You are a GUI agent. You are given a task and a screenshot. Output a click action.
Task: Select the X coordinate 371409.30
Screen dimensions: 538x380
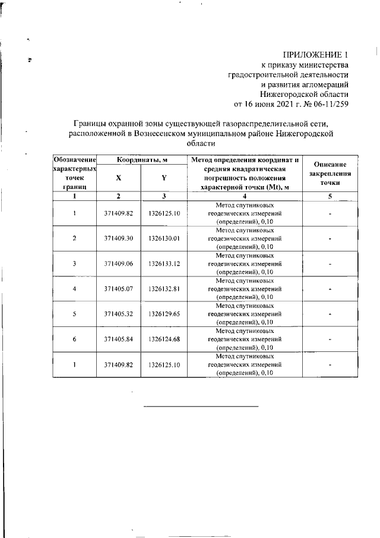click(x=118, y=238)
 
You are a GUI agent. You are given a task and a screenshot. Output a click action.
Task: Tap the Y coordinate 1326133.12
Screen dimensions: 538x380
click(x=164, y=263)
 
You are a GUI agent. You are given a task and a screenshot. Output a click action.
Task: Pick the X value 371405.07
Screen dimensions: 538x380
click(x=118, y=289)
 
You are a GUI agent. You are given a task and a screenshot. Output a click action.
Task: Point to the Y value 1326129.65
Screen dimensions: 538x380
click(x=164, y=314)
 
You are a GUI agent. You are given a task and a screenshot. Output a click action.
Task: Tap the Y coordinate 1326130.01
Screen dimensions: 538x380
click(x=164, y=238)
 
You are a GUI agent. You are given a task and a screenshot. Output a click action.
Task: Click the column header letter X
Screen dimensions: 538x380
click(x=118, y=178)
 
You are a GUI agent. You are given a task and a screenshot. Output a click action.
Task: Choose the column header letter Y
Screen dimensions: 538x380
click(x=164, y=178)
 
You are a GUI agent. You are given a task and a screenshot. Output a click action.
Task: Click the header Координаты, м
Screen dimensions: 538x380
click(x=141, y=160)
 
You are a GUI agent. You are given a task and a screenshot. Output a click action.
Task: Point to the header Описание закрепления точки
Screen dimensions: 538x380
click(x=328, y=174)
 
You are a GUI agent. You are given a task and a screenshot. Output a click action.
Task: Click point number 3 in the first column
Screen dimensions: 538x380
click(x=74, y=263)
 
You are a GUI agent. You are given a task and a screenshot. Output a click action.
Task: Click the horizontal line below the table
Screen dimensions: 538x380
click(x=201, y=405)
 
